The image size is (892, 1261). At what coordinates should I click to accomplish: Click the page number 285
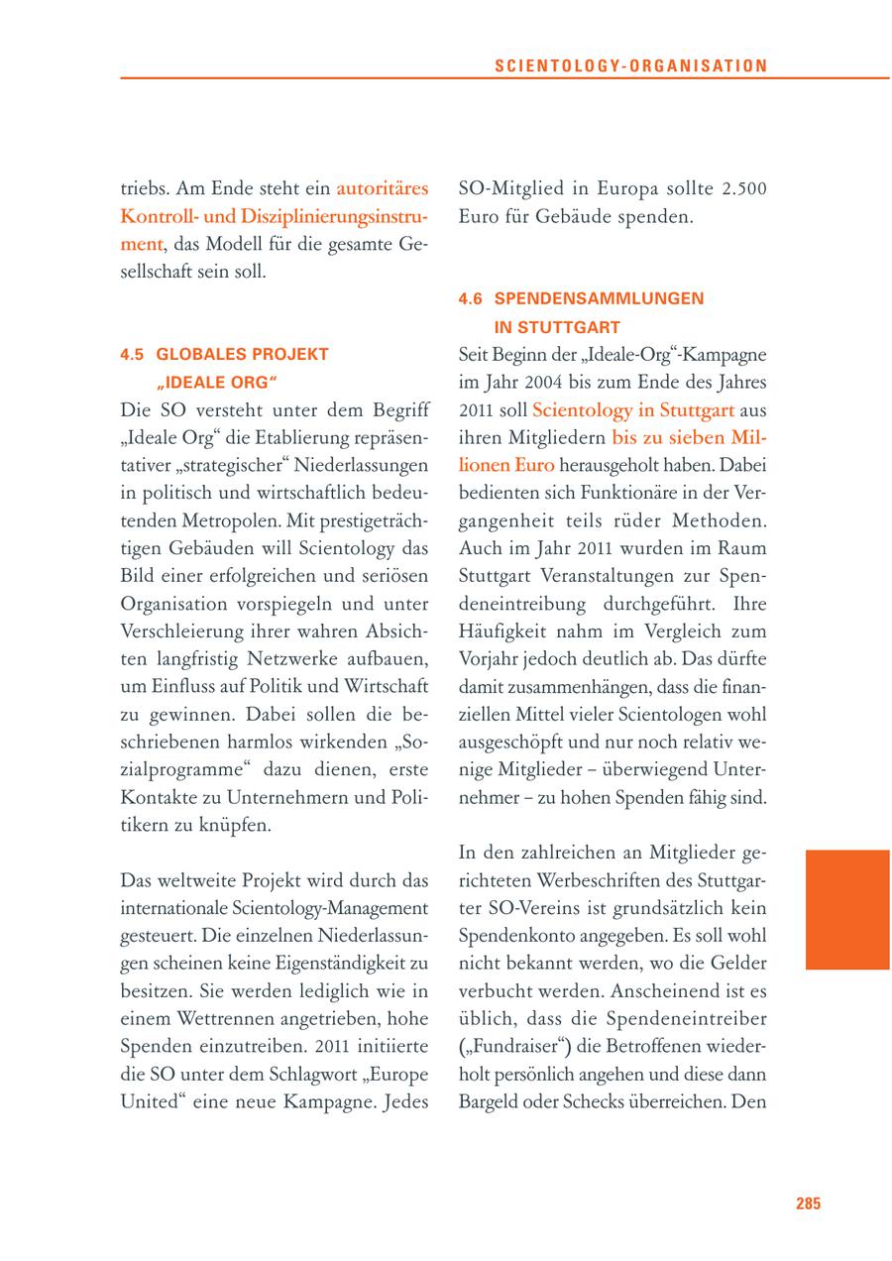pyautogui.click(x=808, y=1204)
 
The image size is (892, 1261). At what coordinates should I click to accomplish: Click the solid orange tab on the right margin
pyautogui.click(x=846, y=909)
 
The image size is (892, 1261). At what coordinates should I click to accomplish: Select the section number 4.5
pyautogui.click(x=133, y=354)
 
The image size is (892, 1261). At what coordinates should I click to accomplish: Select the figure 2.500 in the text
pyautogui.click(x=743, y=189)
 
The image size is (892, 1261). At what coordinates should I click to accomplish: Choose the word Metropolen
pyautogui.click(x=208, y=520)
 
